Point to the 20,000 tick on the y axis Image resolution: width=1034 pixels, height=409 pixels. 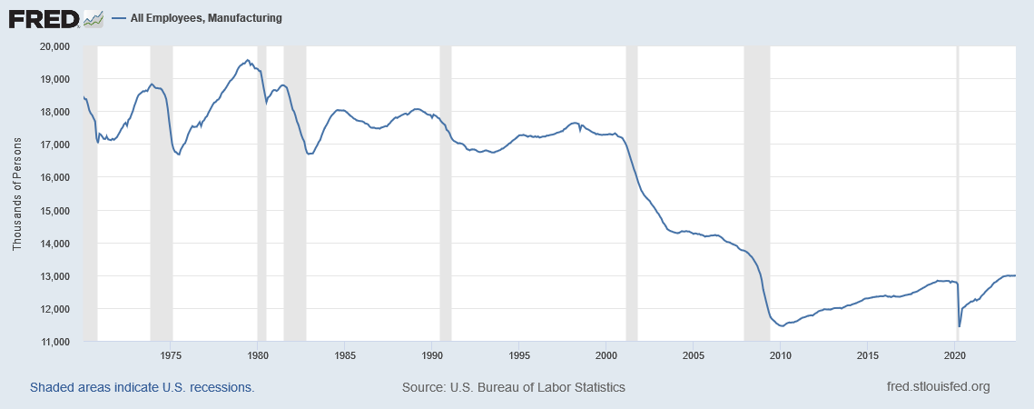point(57,46)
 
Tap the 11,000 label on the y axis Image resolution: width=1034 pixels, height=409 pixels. point(57,342)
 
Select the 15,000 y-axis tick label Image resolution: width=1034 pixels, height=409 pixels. point(57,211)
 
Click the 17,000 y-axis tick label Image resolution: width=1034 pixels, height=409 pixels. point(57,145)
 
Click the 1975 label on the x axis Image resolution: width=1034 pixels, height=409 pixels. point(171,354)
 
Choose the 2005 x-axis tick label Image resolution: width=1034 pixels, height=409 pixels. point(694,354)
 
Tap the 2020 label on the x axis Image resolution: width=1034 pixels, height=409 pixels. point(955,354)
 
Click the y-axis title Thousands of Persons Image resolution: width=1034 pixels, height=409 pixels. point(17,194)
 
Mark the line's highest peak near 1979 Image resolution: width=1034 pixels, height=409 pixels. point(247,60)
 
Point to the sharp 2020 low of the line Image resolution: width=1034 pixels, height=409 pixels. point(960,326)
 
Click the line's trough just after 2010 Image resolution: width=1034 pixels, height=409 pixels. point(782,325)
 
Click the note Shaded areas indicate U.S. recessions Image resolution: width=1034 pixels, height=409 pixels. point(142,387)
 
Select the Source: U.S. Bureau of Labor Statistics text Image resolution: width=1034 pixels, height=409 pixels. point(513,387)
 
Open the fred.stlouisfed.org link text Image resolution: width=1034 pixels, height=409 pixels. point(937,387)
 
